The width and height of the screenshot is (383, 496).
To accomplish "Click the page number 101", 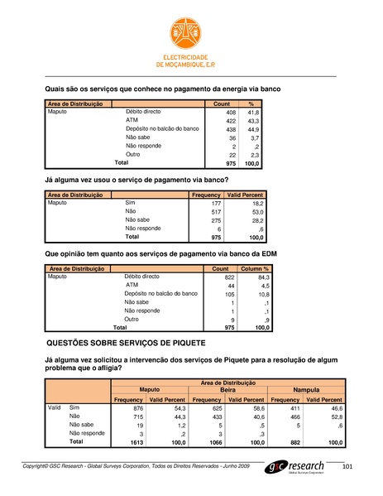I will [347, 469].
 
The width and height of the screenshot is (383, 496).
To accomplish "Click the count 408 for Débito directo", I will [232, 112].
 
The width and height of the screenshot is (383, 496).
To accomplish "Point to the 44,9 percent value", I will [255, 129].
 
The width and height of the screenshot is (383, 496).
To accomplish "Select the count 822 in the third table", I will [231, 277].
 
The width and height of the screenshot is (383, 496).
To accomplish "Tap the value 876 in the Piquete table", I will [136, 408].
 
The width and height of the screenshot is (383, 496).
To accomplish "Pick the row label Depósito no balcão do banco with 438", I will [162, 129].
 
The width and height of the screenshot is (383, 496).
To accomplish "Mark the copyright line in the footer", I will [136, 469].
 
